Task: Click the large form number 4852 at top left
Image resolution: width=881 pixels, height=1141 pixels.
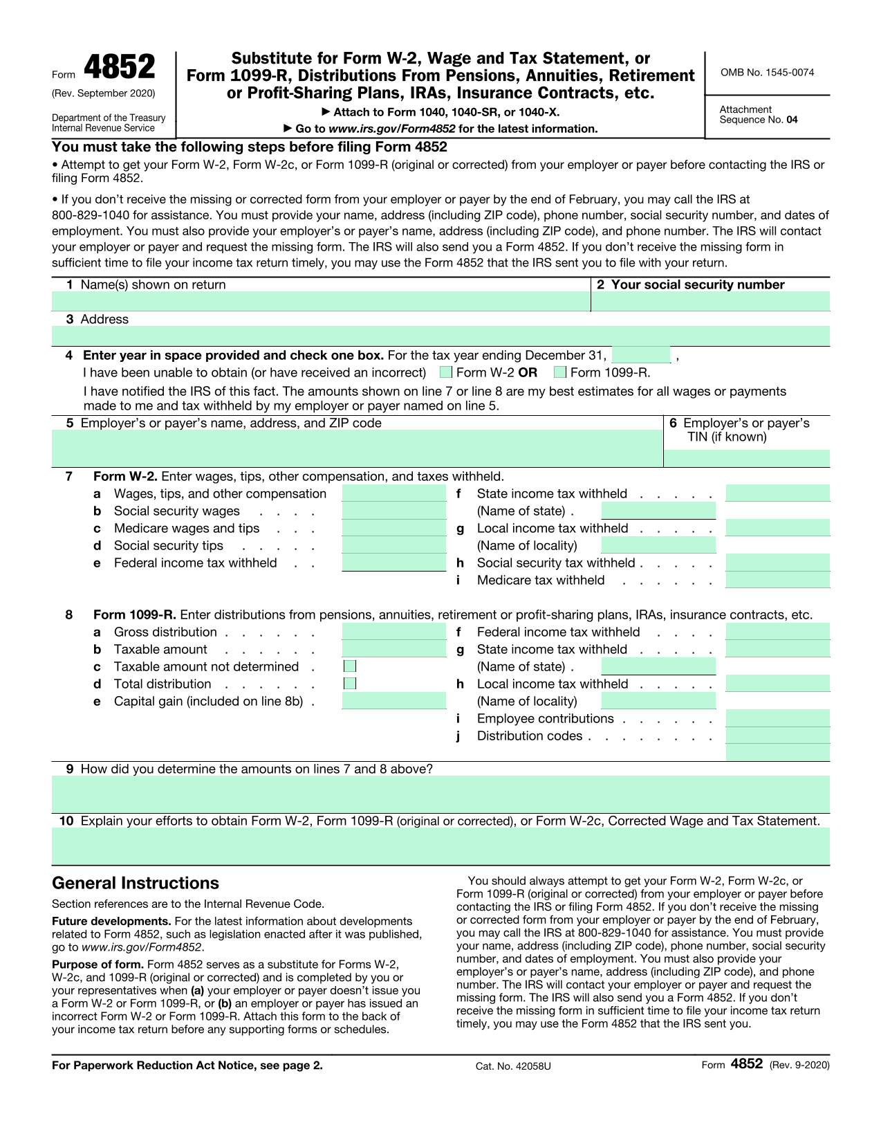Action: pyautogui.click(x=120, y=68)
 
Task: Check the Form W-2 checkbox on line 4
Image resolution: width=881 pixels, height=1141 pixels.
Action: pyautogui.click(x=446, y=373)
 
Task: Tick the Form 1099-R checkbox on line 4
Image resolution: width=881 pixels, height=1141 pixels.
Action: pyautogui.click(x=560, y=373)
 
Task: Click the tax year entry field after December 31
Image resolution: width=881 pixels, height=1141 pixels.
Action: pyautogui.click(x=641, y=356)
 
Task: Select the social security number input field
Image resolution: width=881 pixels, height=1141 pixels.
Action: pyautogui.click(x=710, y=302)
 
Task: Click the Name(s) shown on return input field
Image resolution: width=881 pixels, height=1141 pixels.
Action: pyautogui.click(x=321, y=302)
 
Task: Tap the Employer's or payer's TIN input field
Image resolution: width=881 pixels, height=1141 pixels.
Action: pyautogui.click(x=746, y=458)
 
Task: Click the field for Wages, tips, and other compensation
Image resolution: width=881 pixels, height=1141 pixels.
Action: pyautogui.click(x=394, y=493)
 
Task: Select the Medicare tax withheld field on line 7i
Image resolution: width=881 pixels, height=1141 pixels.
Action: pyautogui.click(x=777, y=580)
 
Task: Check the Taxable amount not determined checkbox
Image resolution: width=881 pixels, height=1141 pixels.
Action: pyautogui.click(x=351, y=666)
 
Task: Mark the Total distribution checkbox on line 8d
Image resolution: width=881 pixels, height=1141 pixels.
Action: pyautogui.click(x=351, y=684)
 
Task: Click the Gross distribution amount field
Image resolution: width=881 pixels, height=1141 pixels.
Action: pyautogui.click(x=394, y=632)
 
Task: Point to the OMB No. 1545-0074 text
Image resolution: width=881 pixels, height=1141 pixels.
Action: pyautogui.click(x=767, y=73)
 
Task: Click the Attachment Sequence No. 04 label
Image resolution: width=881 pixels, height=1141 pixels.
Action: pyautogui.click(x=758, y=115)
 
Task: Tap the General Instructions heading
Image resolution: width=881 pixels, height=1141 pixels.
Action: pyautogui.click(x=136, y=884)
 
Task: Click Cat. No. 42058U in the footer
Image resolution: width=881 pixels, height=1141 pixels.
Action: pyautogui.click(x=513, y=1066)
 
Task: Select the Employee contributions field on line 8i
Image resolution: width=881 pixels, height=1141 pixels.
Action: pyautogui.click(x=777, y=718)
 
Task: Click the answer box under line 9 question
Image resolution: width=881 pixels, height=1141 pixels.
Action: pyautogui.click(x=440, y=794)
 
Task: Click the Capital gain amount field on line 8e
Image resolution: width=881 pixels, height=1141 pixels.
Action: pyautogui.click(x=394, y=701)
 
